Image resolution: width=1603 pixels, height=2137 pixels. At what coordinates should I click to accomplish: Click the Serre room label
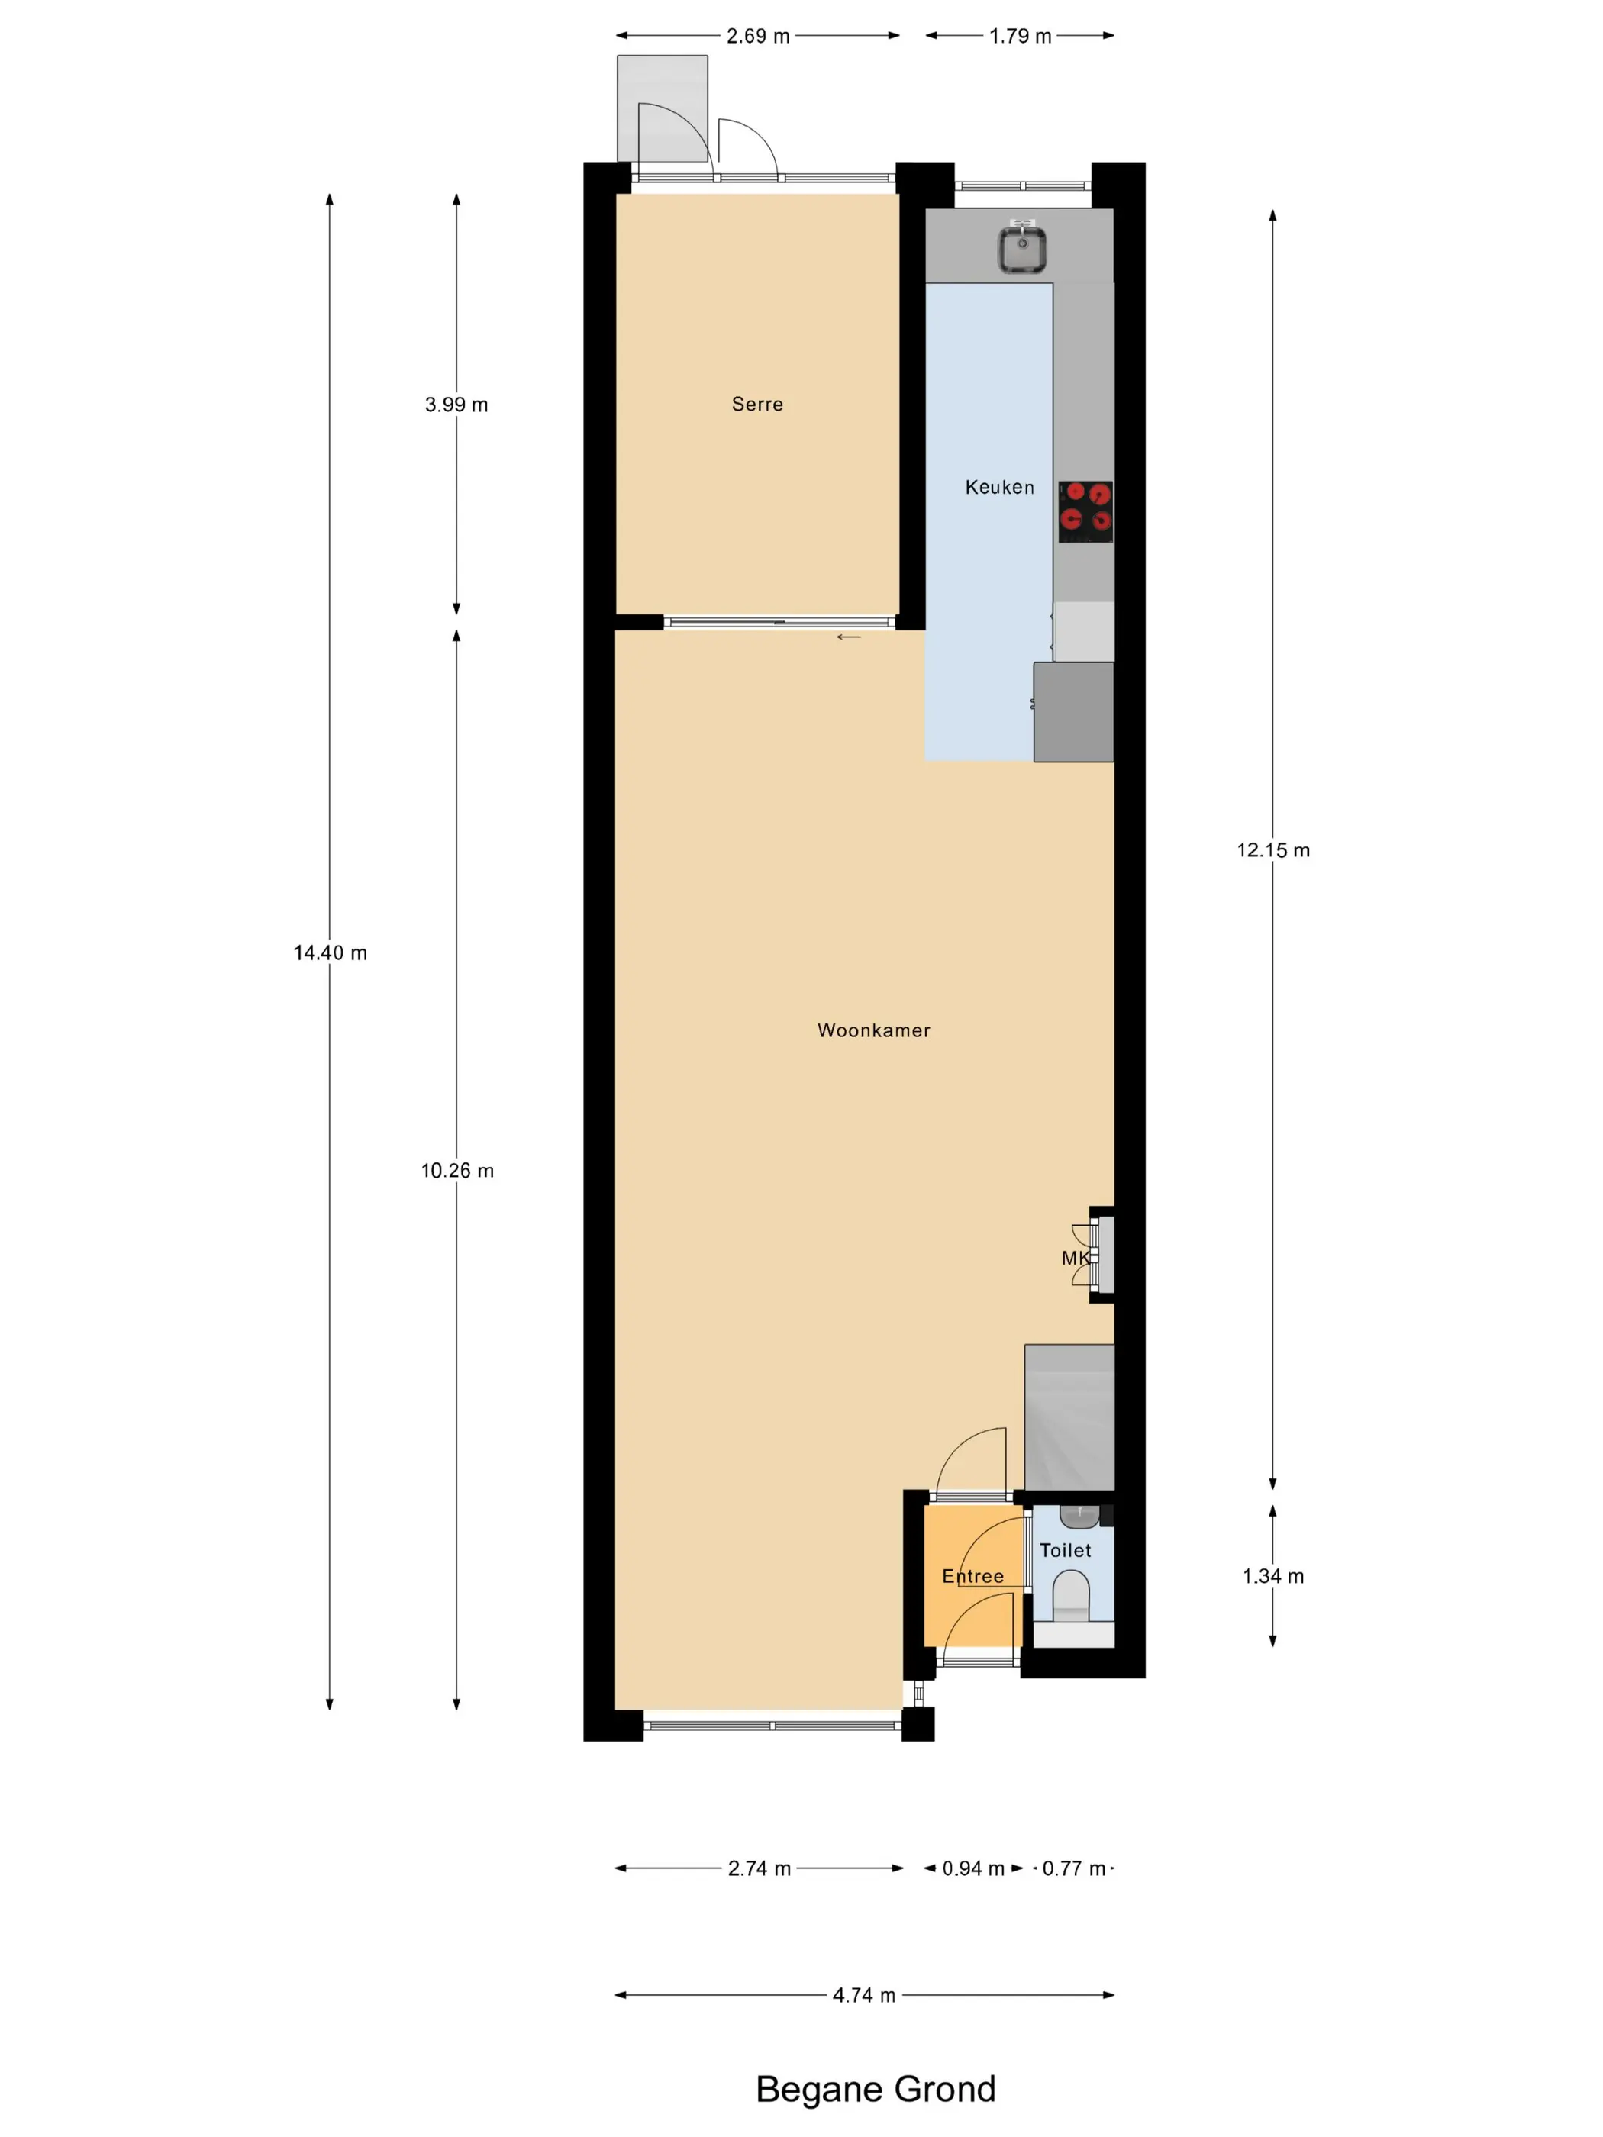(756, 404)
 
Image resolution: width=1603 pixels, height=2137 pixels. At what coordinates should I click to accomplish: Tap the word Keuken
(999, 487)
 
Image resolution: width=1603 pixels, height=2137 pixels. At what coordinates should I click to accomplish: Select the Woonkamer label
(873, 1030)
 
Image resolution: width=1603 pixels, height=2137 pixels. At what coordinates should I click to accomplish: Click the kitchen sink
(1022, 247)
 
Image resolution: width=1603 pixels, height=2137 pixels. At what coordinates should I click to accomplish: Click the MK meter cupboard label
(1076, 1258)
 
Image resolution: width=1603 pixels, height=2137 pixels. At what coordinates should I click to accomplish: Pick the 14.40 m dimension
(331, 952)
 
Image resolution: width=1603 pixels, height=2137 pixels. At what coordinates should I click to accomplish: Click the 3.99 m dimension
(456, 405)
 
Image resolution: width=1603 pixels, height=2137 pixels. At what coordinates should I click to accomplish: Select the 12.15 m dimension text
(1272, 850)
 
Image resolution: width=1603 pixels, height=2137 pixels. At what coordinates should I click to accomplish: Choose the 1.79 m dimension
(1019, 36)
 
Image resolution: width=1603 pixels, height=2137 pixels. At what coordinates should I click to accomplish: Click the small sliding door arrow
(848, 637)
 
